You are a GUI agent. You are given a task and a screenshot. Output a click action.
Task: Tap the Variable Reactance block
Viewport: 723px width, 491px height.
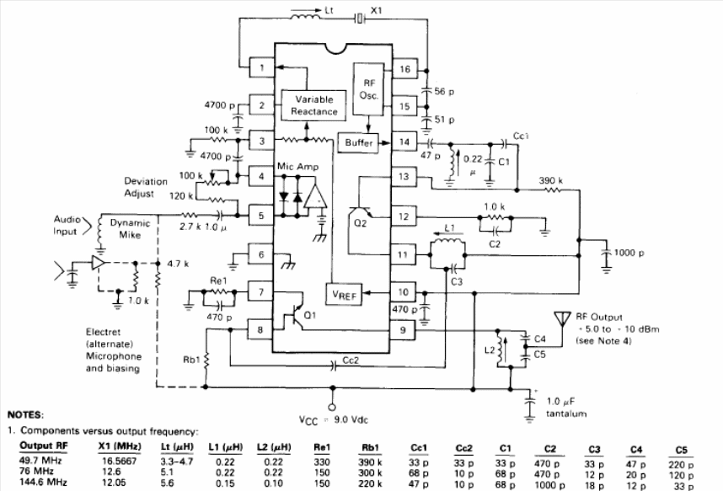click(316, 105)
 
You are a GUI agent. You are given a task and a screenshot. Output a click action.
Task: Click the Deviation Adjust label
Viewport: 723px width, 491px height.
click(146, 186)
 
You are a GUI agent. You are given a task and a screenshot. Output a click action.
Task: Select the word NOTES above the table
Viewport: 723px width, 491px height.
click(25, 415)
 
